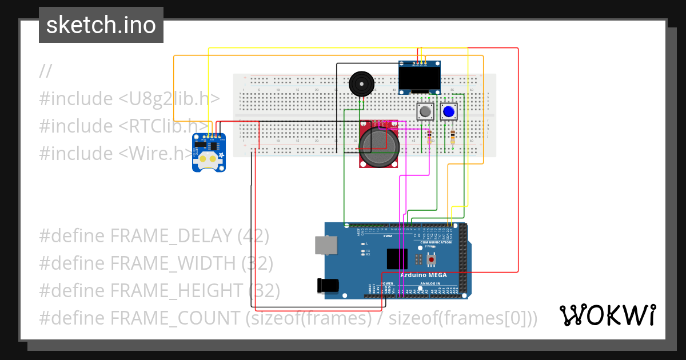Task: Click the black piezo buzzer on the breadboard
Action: click(361, 84)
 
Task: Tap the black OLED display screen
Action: click(420, 78)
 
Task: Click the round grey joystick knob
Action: click(378, 146)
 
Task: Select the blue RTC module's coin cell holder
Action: click(208, 162)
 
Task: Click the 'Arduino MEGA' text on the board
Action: click(423, 275)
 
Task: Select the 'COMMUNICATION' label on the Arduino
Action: click(436, 242)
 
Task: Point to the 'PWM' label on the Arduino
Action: click(388, 236)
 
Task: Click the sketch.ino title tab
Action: click(101, 25)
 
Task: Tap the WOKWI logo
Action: click(607, 315)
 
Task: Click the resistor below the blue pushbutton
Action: click(453, 137)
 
